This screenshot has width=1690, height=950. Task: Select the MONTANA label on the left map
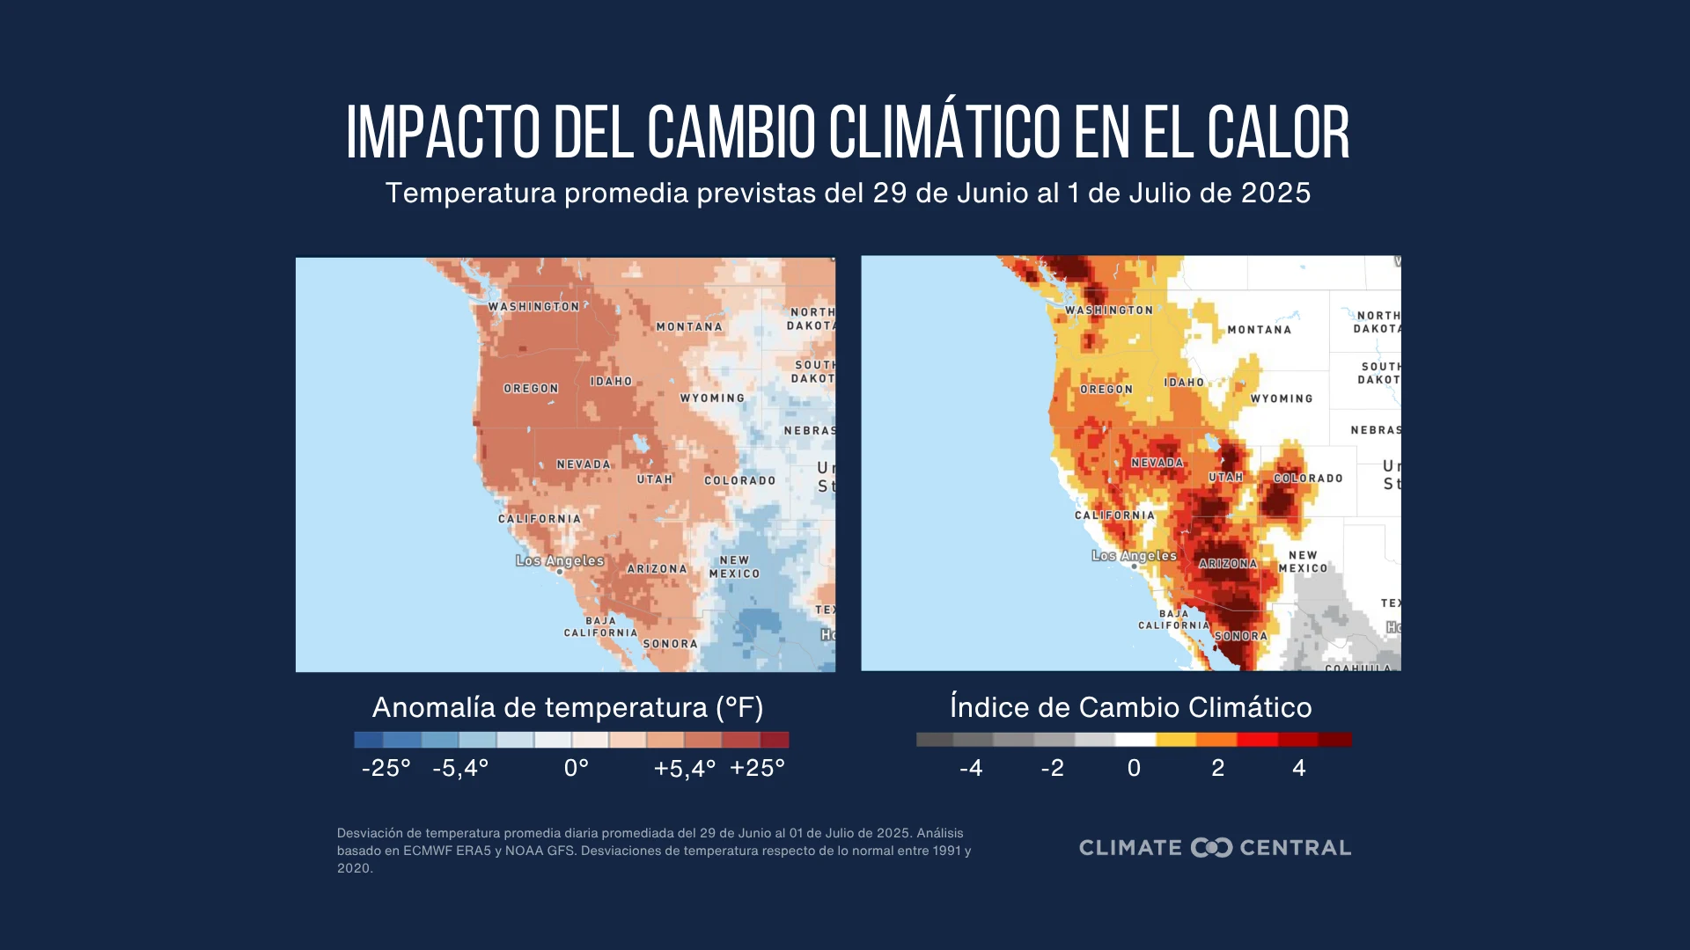[689, 326]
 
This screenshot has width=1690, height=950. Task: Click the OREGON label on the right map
[1106, 389]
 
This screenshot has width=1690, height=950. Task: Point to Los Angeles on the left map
[560, 560]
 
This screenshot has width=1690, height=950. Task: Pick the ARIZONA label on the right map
[1228, 564]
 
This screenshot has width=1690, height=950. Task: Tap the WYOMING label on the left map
[712, 398]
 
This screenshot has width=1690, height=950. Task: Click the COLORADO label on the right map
[1308, 479]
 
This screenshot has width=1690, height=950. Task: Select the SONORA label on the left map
[670, 644]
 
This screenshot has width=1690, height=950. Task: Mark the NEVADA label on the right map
[1157, 463]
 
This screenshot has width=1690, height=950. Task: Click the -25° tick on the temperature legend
[386, 768]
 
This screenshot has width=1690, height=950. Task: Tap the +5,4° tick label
[684, 769]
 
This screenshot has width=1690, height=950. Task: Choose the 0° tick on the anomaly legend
[577, 768]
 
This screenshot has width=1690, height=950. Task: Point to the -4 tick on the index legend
[971, 768]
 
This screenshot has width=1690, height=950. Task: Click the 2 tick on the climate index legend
[1218, 768]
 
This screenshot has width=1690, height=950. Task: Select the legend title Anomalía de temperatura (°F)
[568, 707]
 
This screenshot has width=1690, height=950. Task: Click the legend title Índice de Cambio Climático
[1131, 707]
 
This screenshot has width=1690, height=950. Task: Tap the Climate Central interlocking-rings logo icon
[1211, 848]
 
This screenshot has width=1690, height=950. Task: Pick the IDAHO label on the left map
[611, 382]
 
